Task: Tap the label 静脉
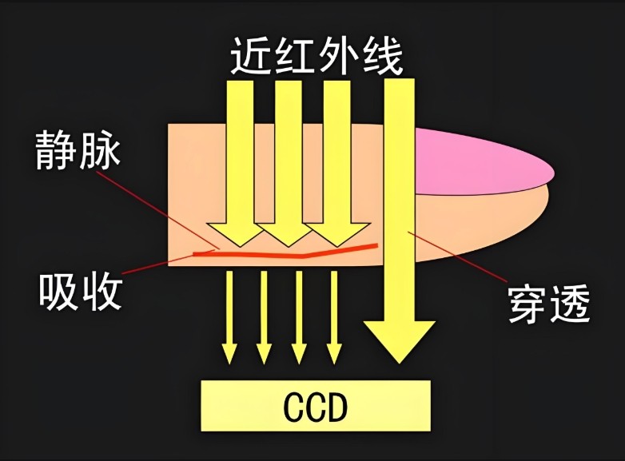[77, 149]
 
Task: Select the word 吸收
[81, 291]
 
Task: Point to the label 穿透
[549, 304]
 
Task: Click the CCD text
[316, 407]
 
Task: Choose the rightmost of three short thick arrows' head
[332, 232]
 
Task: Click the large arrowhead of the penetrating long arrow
[400, 340]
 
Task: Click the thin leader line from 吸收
[160, 262]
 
